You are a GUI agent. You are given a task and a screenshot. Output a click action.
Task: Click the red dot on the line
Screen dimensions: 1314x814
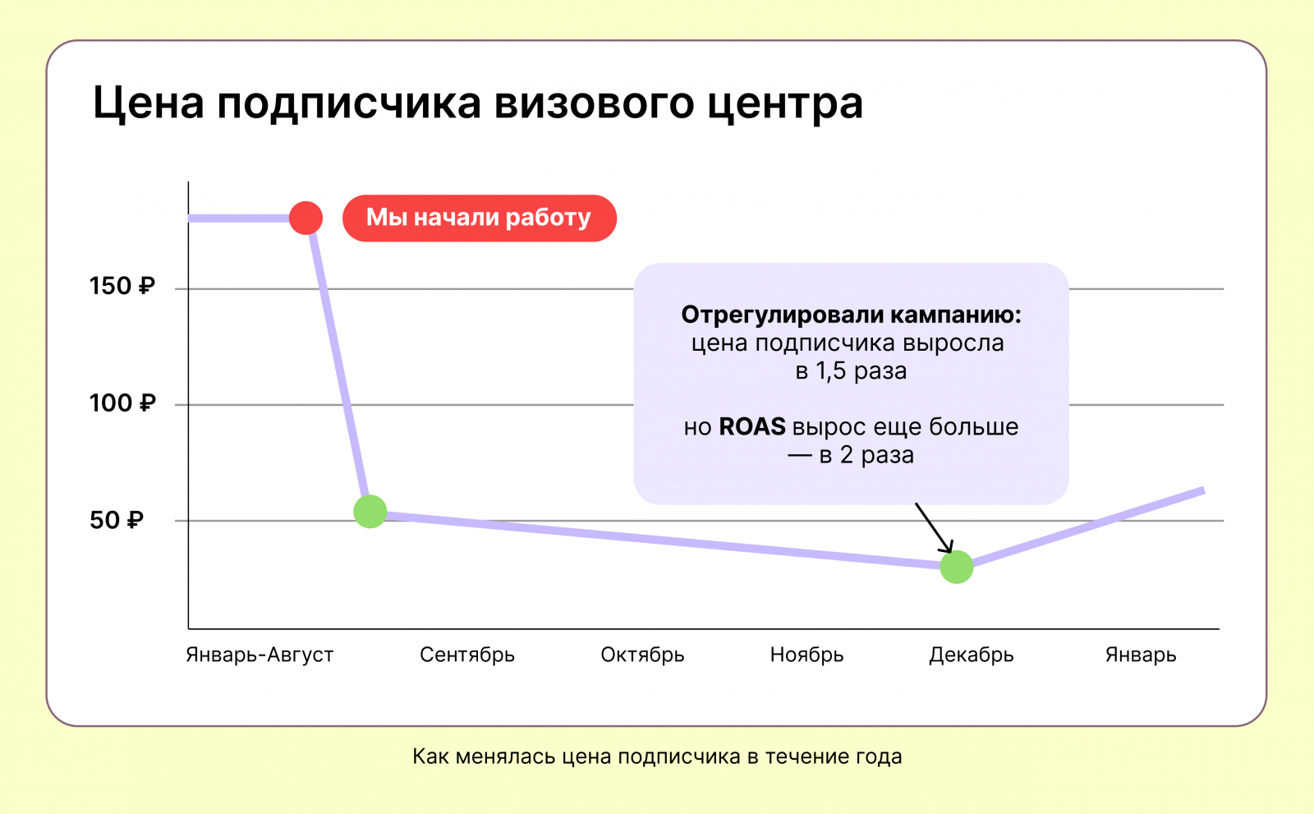click(306, 218)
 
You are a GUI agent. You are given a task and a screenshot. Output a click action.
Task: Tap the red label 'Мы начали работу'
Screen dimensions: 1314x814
click(480, 218)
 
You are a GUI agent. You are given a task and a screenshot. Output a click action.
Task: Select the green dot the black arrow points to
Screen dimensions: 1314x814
click(957, 567)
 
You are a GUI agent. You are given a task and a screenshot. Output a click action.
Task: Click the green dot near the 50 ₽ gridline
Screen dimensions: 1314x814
click(370, 511)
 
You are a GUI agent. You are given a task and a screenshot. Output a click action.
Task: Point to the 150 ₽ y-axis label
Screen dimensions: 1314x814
click(122, 287)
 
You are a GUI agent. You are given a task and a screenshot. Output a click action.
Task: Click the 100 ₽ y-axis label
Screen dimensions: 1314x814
click(122, 403)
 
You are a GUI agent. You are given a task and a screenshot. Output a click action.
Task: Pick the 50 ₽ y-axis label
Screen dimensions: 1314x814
click(116, 520)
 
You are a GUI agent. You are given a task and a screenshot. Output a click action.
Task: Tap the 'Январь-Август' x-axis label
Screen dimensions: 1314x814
click(260, 655)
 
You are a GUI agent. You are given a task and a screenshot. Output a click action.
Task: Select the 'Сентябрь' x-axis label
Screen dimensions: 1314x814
click(467, 655)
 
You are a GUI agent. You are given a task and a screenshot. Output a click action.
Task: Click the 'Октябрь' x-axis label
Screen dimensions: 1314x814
click(642, 655)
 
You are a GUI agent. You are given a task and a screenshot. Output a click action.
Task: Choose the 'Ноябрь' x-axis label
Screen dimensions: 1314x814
click(806, 655)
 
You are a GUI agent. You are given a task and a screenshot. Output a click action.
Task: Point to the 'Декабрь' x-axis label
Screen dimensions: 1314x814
click(972, 655)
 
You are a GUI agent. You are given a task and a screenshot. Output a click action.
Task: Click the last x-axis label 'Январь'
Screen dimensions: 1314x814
click(1141, 655)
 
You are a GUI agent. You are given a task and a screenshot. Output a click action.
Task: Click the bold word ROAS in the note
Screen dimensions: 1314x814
click(752, 426)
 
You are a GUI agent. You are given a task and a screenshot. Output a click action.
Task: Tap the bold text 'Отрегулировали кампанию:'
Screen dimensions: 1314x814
click(851, 315)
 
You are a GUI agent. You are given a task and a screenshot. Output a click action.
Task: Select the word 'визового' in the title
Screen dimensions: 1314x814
click(594, 103)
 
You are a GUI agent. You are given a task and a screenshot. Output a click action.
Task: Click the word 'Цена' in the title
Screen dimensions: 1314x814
click(149, 103)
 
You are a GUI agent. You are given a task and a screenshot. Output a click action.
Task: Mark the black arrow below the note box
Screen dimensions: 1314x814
click(935, 528)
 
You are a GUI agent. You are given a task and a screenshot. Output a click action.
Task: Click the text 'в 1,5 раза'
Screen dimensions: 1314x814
click(851, 371)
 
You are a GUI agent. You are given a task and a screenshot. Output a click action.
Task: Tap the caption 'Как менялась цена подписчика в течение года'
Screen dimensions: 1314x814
click(657, 757)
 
